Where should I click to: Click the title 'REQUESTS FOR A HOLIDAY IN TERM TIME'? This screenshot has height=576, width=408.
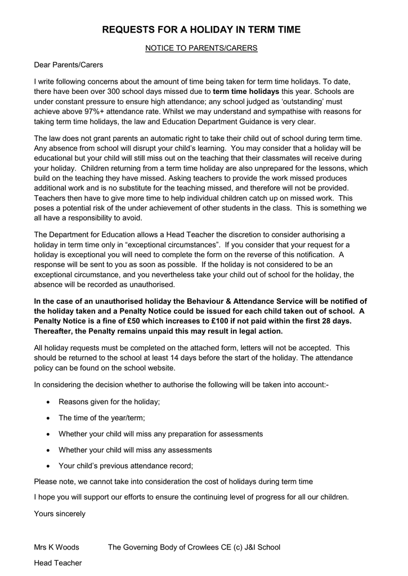201,30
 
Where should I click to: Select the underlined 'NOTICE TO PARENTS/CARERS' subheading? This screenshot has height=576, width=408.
201,48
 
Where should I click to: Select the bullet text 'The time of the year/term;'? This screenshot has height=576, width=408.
102,418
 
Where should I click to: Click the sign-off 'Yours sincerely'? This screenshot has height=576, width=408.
60,514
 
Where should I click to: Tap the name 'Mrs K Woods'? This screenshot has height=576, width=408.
56,547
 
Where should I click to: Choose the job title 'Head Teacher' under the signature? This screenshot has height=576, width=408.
57,562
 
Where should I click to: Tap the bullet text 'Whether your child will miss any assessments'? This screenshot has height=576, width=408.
135,450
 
